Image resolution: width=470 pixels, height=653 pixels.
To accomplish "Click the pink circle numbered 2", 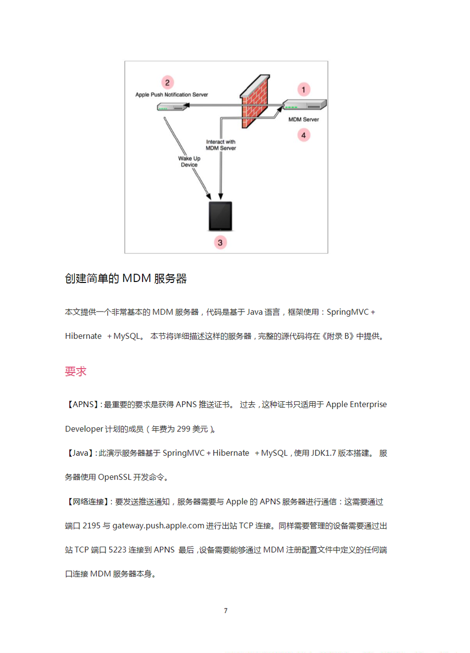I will point(167,83).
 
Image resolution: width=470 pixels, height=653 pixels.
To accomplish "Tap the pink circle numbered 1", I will point(303,90).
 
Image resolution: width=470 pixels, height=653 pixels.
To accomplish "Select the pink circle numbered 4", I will point(303,135).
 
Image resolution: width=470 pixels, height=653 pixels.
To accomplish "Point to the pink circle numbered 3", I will point(220,242).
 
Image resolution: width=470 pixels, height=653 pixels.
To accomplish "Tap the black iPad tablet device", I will point(220,216).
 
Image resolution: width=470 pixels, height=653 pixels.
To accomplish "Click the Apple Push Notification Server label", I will point(172,94).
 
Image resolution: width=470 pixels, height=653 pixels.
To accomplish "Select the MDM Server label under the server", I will point(303,119).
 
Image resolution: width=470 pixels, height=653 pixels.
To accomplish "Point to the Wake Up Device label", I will point(189,161).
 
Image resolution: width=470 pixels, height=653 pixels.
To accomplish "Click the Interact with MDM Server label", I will point(221,145).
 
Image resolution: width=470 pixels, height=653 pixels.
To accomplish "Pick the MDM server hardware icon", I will point(304,105).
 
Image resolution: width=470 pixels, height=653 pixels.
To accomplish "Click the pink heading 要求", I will point(76,372).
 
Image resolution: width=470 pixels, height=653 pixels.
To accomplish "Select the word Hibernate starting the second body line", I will point(83,336).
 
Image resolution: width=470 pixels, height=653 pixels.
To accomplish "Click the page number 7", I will point(226,610).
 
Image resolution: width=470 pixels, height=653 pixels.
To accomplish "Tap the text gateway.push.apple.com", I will point(158,525).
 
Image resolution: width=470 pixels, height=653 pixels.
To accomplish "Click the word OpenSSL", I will point(114,477).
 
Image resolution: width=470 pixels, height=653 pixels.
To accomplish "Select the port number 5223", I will point(117,550).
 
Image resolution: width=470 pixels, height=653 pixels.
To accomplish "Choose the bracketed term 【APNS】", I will point(81,404).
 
